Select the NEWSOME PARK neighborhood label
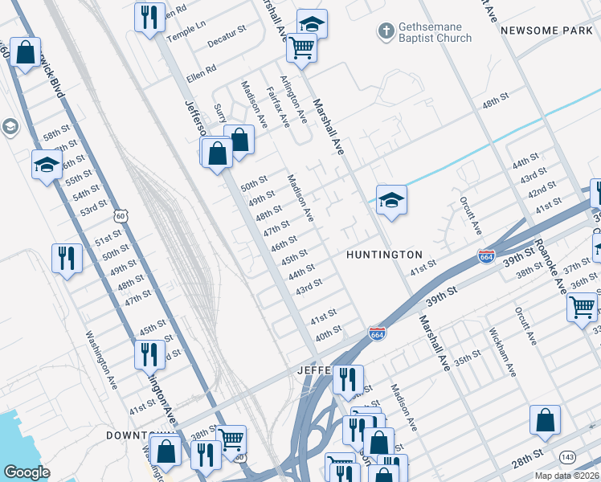point(546,30)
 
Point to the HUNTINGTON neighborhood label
point(384,255)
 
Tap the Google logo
point(27,472)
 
